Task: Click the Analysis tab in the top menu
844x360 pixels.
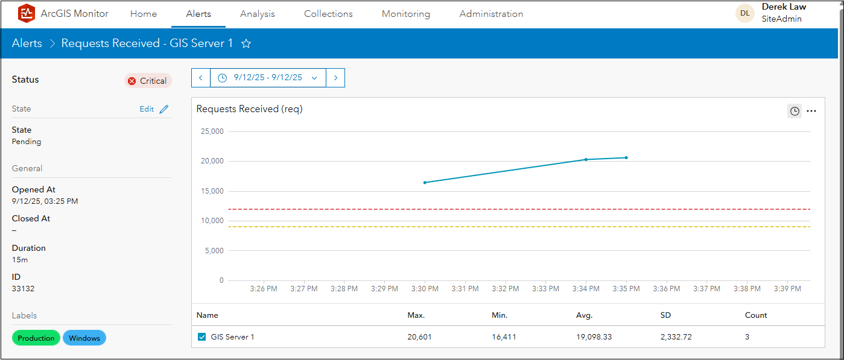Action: pos(257,14)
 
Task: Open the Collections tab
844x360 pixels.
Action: pos(328,14)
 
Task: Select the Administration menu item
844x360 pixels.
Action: pos(491,14)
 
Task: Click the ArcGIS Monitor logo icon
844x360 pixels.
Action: pos(27,13)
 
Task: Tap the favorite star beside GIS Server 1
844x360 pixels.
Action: pos(246,43)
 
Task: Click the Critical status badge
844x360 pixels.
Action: pos(148,81)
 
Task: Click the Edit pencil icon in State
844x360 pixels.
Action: pos(164,109)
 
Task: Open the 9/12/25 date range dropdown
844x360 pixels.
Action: pos(268,78)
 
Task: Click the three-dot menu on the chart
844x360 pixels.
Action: pos(811,111)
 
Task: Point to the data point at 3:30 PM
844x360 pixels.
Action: pos(425,182)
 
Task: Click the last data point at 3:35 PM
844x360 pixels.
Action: pos(626,158)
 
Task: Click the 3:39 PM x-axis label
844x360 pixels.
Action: pos(787,289)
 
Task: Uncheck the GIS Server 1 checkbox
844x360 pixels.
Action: pos(202,337)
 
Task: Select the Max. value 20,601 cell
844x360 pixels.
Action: pos(419,337)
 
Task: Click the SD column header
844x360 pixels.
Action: pos(666,315)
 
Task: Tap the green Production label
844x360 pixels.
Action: pos(36,338)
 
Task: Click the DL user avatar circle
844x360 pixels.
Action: pos(745,13)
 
